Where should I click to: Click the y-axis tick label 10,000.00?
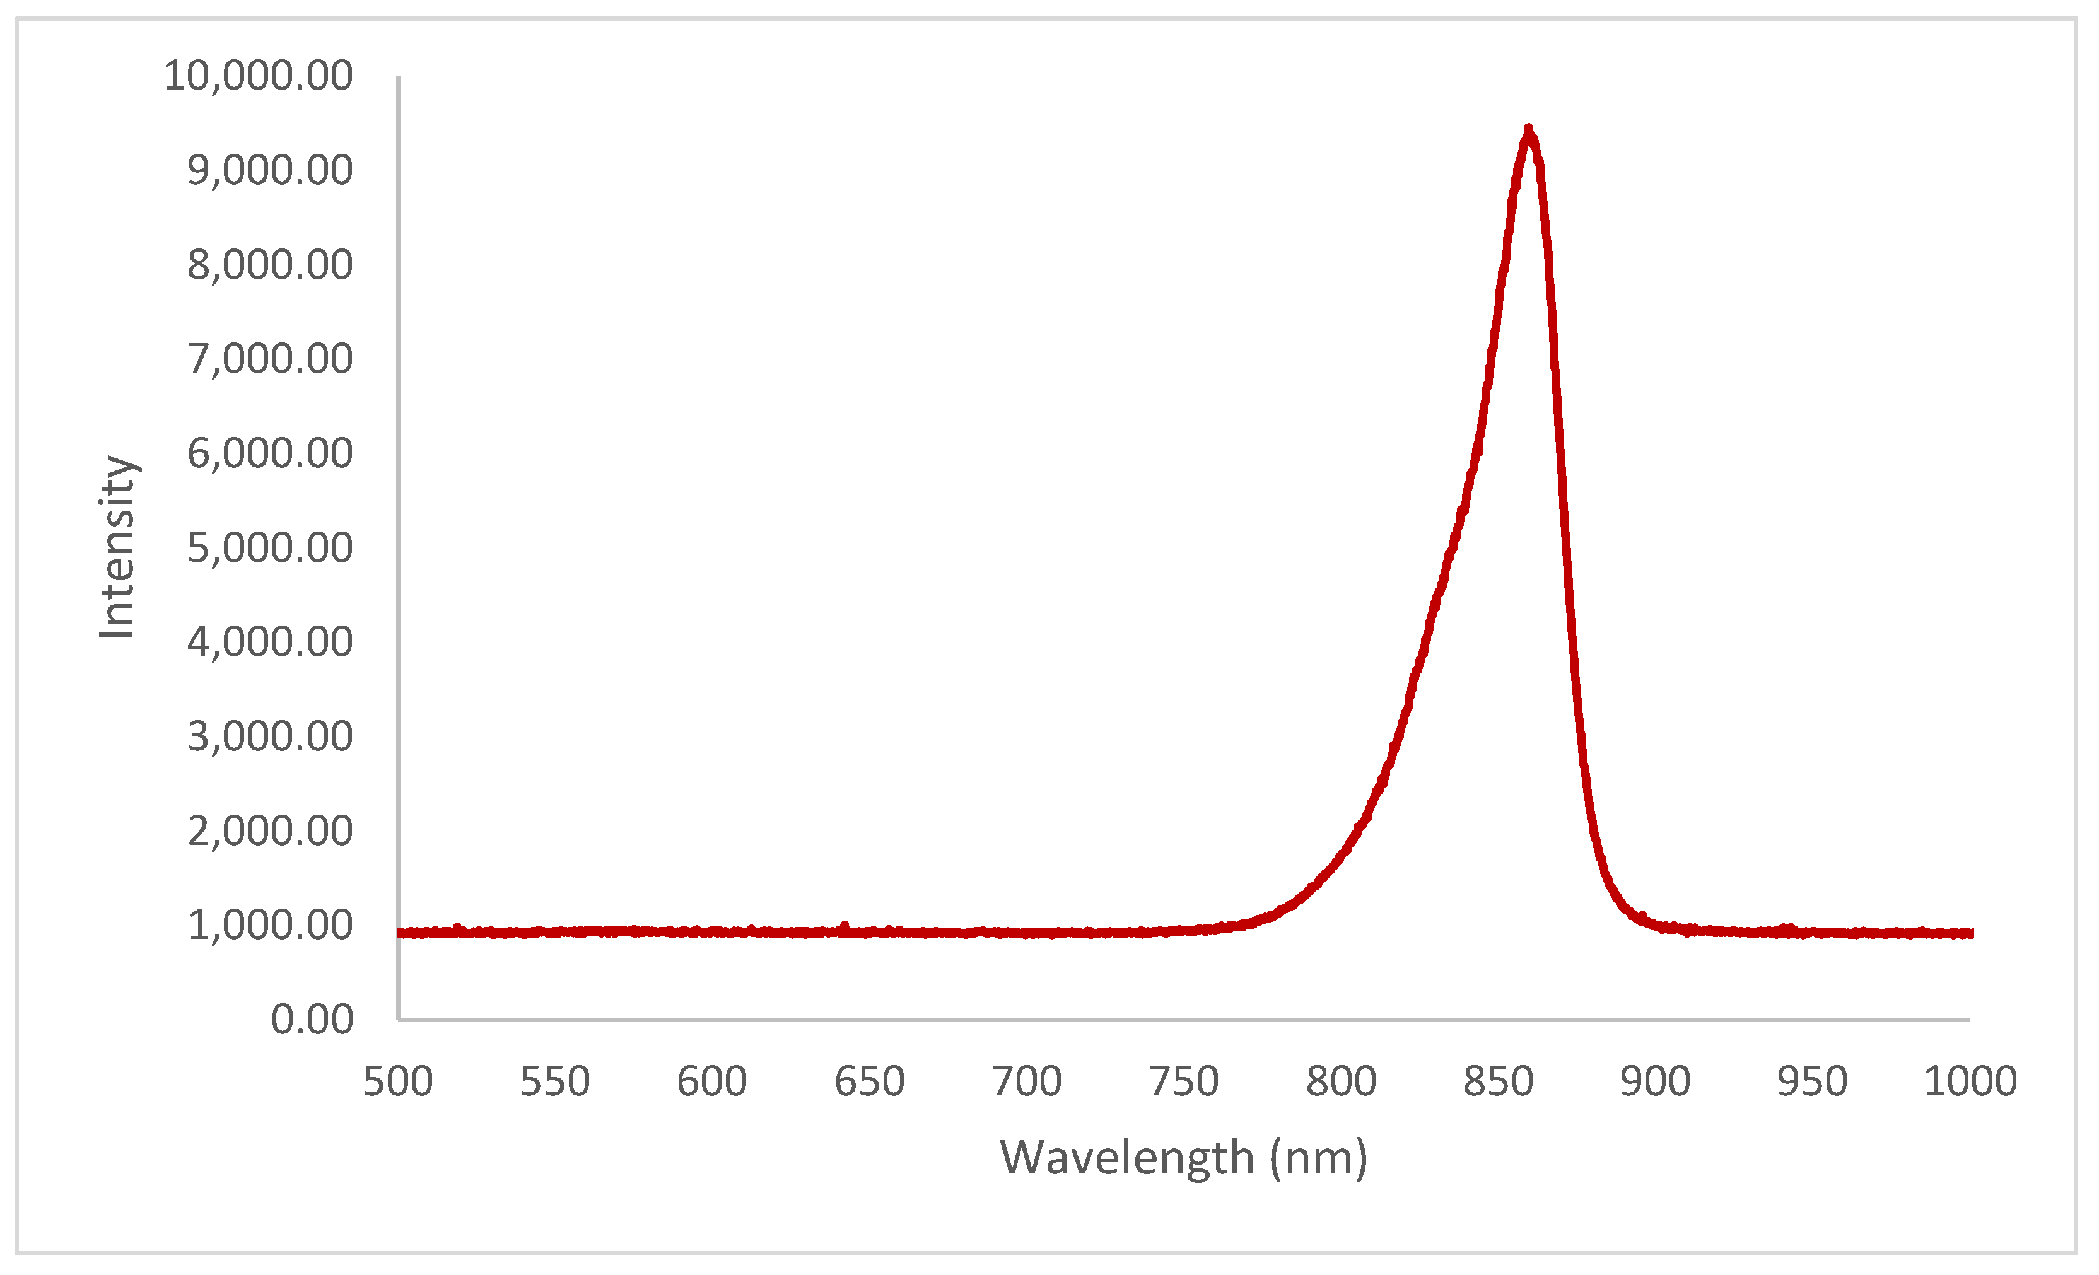258,76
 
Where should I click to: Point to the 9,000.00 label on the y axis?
270,170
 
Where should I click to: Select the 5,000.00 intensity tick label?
270,548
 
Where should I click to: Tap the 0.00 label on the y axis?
312,1020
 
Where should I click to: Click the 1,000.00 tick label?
270,925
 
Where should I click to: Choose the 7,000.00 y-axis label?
270,359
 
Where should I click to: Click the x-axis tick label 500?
398,1081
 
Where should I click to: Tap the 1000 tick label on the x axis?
1970,1081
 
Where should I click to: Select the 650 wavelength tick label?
869,1081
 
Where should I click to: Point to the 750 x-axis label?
1183,1081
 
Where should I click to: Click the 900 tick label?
1655,1081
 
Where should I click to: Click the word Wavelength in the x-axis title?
1126,1158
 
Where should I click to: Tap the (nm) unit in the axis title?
1319,1158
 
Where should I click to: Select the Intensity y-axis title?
117,547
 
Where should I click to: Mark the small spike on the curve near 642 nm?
844,926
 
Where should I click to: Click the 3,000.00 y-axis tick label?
270,736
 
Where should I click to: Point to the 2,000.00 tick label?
270,830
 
